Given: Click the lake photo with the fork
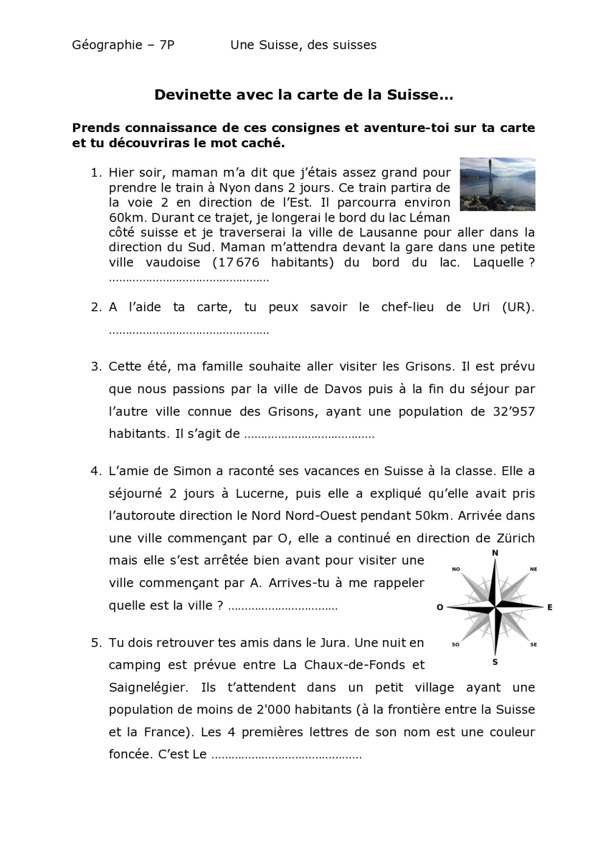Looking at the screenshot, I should (x=497, y=184).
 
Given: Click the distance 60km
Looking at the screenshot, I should (x=123, y=217).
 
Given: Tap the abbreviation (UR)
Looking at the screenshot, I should (x=518, y=307).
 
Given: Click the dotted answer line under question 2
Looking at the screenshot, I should (x=188, y=332).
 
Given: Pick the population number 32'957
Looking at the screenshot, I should (x=511, y=411).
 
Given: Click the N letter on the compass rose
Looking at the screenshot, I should (x=495, y=553).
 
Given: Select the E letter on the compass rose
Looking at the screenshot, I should (x=550, y=607).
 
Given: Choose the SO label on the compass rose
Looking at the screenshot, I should (x=455, y=644).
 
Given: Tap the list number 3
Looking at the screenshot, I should (x=95, y=366).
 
